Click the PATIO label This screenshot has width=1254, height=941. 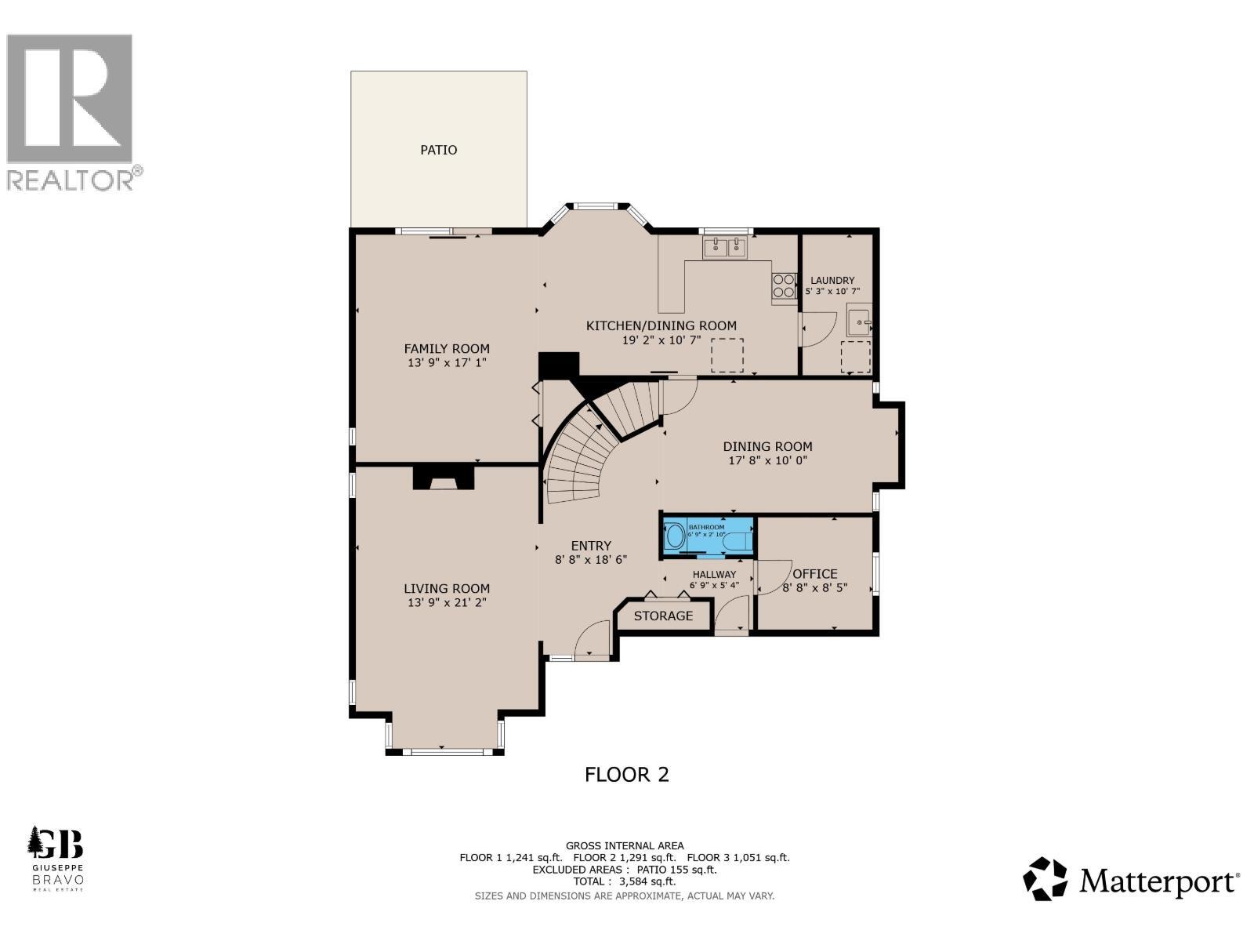438,150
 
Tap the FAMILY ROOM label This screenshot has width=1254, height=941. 447,349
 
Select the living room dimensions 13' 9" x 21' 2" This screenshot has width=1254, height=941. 447,603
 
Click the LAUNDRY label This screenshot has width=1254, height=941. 832,280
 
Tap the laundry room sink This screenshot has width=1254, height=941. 859,322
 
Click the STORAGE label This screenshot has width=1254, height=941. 663,616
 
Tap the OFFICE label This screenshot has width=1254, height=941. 815,573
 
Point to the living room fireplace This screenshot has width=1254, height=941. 444,477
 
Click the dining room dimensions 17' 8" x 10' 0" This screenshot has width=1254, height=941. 767,460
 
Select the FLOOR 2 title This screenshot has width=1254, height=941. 627,775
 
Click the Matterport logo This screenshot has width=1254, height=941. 1131,880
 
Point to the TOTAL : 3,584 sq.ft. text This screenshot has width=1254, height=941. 625,881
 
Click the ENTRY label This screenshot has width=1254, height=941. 591,546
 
